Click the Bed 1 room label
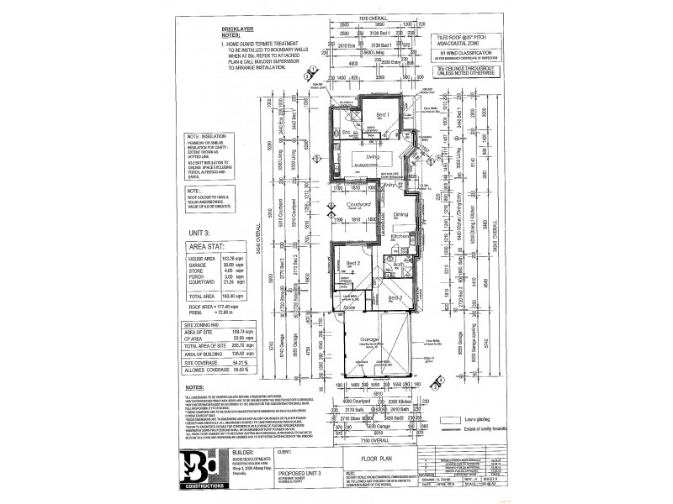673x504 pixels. point(381,113)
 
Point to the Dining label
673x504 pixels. point(399,214)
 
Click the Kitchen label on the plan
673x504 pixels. point(400,239)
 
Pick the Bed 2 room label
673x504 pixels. point(353,264)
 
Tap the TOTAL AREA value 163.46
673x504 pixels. point(221,296)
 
